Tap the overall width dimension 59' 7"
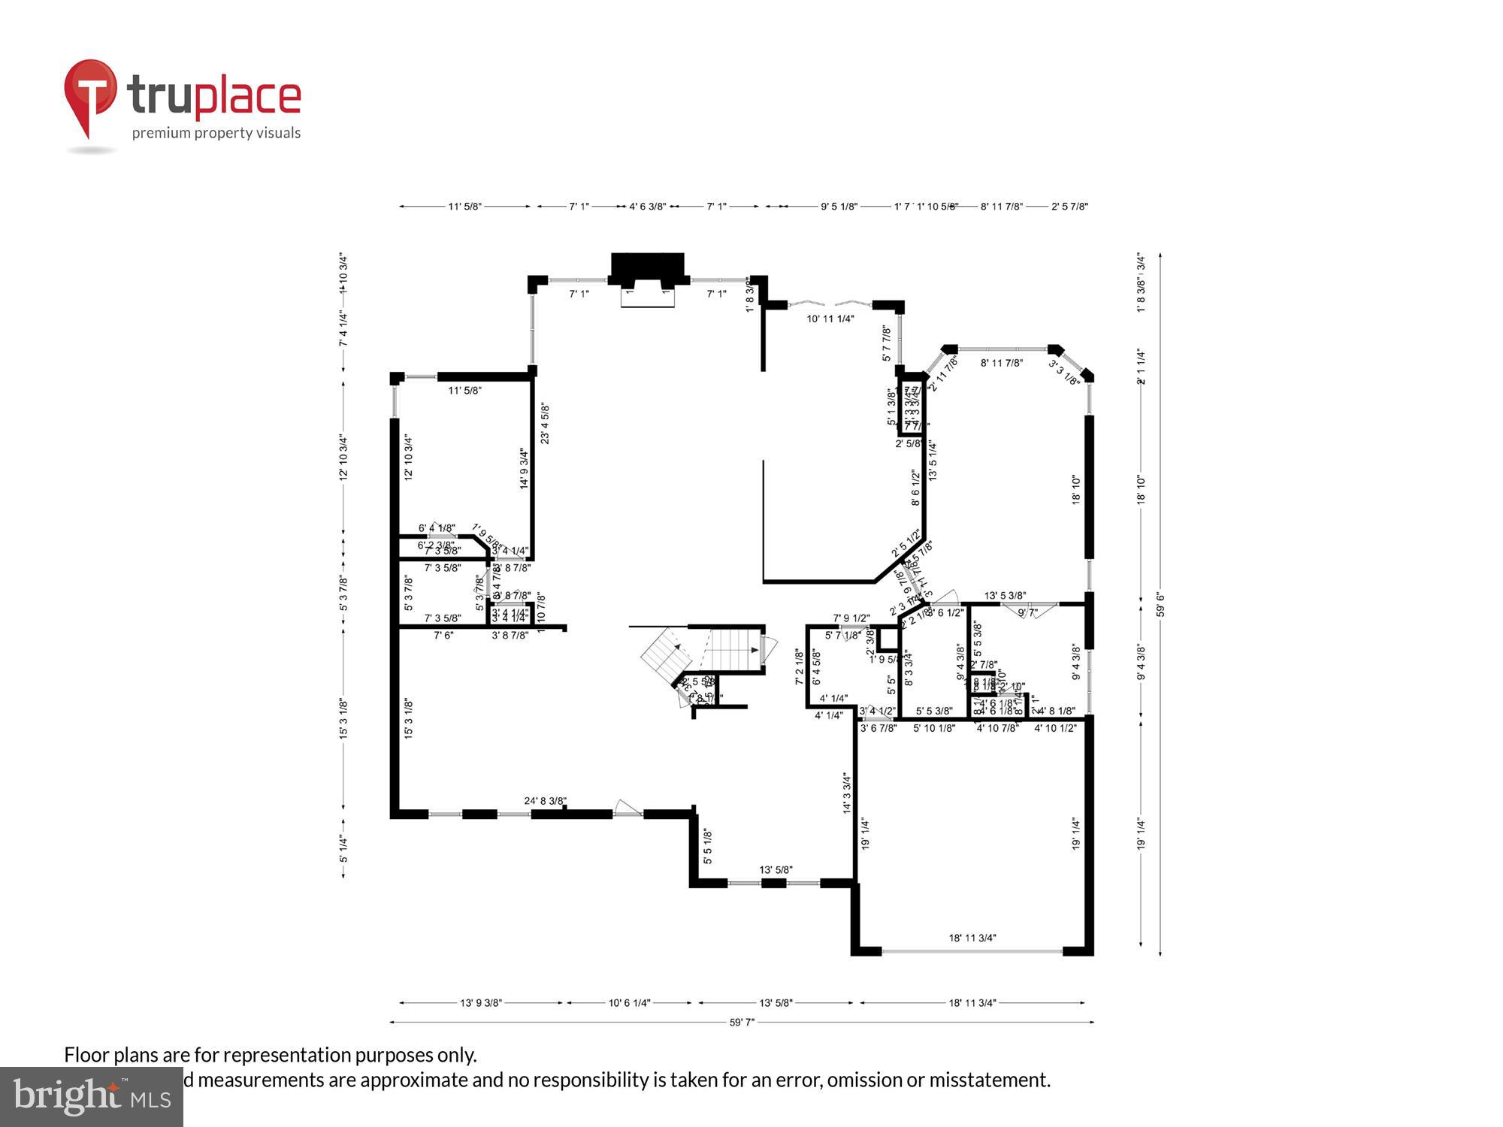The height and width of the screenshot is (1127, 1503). [x=742, y=1022]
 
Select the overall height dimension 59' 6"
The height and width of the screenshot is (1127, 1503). [x=1160, y=605]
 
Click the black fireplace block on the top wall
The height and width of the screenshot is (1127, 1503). [x=648, y=267]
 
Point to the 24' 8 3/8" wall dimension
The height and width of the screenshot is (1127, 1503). [x=546, y=801]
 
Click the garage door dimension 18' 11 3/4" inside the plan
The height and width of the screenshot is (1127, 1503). [x=972, y=938]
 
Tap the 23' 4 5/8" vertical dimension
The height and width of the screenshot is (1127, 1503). [x=545, y=423]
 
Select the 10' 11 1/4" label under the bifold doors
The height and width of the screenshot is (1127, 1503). [x=830, y=319]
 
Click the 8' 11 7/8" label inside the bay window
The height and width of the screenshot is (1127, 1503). [x=1002, y=363]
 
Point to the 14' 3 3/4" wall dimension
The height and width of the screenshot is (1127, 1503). [x=847, y=793]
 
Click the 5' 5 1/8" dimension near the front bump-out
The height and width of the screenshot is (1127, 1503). [x=707, y=846]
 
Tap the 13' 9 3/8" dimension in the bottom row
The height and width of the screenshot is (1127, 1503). [x=481, y=1002]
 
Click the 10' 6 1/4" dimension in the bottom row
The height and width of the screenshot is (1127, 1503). [x=629, y=1002]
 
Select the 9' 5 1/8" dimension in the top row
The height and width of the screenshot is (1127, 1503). [x=839, y=206]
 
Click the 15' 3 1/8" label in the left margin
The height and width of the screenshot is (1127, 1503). [x=343, y=719]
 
